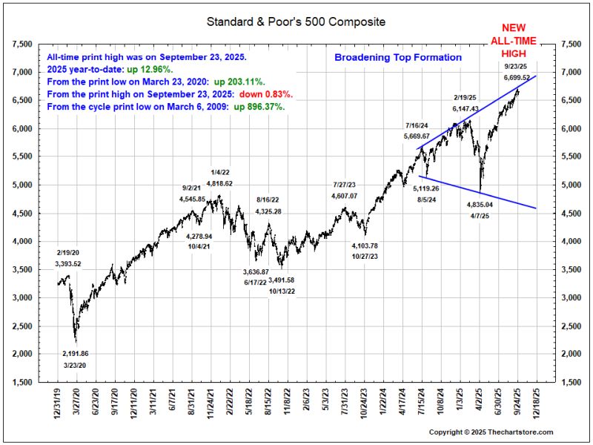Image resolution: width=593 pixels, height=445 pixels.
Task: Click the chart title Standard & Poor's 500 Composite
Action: tap(296, 22)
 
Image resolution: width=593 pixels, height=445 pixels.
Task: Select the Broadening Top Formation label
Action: tap(398, 57)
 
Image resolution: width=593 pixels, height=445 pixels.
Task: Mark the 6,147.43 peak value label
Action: tap(466, 108)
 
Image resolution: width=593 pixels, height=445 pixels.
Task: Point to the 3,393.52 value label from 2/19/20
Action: tap(67, 263)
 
